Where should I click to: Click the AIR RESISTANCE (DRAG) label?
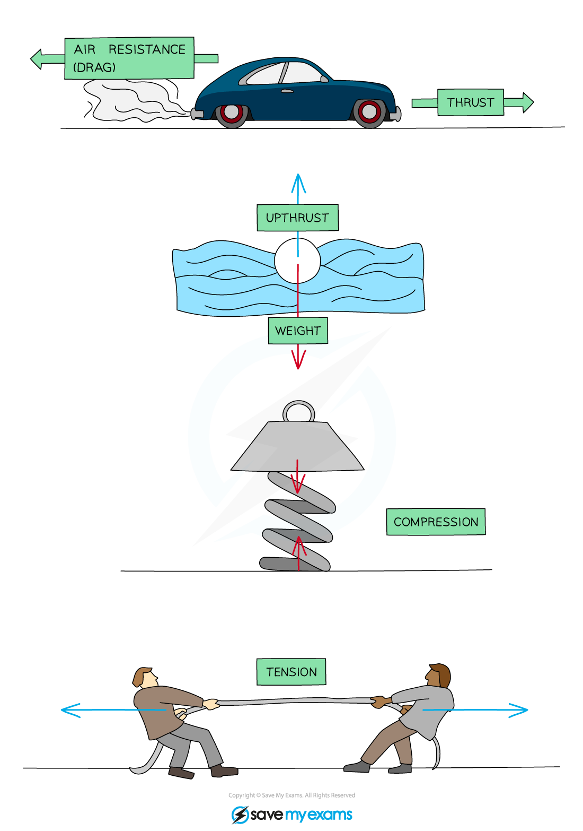pyautogui.click(x=129, y=58)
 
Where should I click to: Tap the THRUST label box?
pyautogui.click(x=470, y=102)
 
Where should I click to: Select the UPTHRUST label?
pyautogui.click(x=297, y=218)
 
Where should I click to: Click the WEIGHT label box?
pyautogui.click(x=297, y=331)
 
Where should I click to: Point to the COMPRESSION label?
pyautogui.click(x=436, y=522)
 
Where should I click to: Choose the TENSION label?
pyautogui.click(x=291, y=672)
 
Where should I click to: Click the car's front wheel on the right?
pyautogui.click(x=369, y=112)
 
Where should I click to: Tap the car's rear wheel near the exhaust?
pyautogui.click(x=231, y=112)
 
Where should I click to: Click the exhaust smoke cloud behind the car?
pyautogui.click(x=132, y=101)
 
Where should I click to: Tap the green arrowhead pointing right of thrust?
pyautogui.click(x=527, y=102)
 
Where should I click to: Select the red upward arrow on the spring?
pyautogui.click(x=299, y=552)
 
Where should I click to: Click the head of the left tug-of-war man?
pyautogui.click(x=145, y=678)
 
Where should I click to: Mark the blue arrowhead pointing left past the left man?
pyautogui.click(x=69, y=710)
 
